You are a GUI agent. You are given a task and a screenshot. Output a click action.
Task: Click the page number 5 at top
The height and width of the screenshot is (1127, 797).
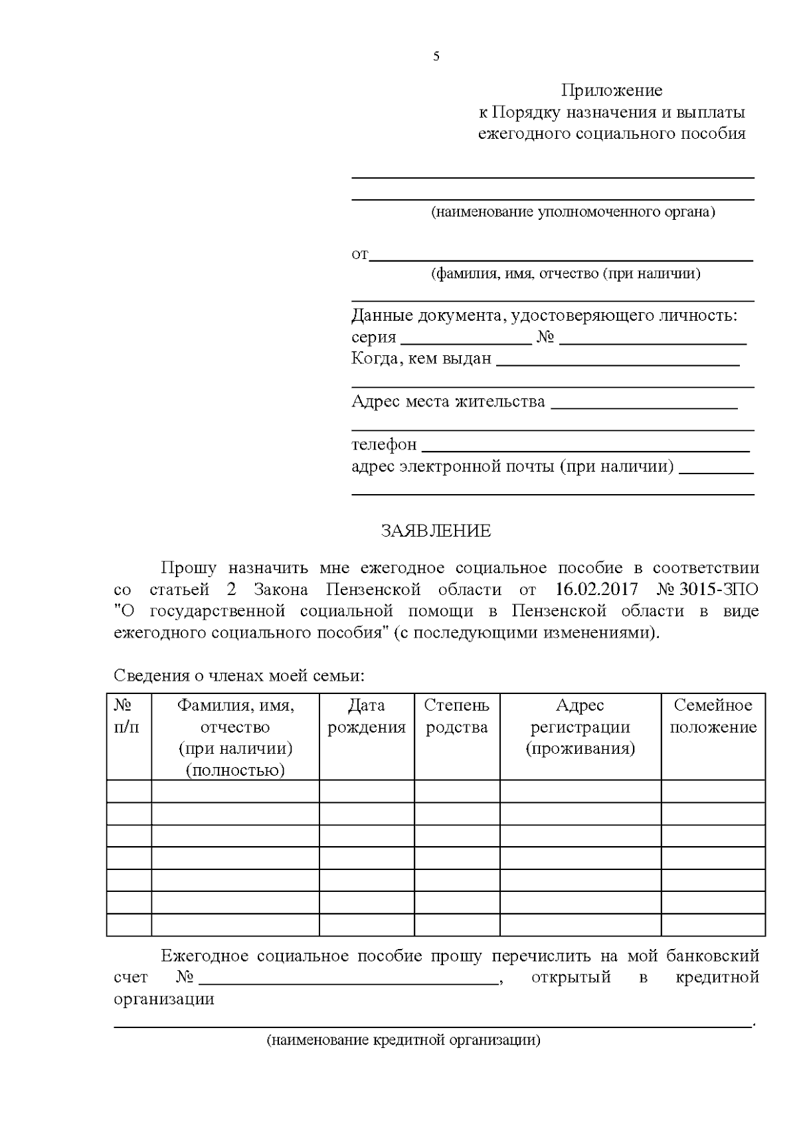coord(436,56)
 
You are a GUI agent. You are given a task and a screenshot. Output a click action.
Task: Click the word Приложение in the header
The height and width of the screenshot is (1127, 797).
coord(612,90)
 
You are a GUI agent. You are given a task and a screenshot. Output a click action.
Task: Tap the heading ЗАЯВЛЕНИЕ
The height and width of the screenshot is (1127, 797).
coord(436,531)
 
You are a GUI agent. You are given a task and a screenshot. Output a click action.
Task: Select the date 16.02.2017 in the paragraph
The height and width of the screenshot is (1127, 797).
coord(596,589)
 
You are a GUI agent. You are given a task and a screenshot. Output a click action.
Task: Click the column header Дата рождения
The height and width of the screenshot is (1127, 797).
coord(367,716)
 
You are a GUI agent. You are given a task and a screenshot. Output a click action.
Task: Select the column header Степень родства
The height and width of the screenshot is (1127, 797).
coord(457,716)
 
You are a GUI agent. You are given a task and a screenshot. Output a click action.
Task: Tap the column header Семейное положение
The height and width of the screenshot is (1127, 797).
coord(713,716)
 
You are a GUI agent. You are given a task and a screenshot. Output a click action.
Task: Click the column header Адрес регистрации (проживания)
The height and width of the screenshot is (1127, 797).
coord(580,727)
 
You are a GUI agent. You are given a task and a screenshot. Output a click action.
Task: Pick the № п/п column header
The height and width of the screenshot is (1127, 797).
coord(128,716)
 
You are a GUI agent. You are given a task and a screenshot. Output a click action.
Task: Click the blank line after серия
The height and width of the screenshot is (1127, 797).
coord(467,342)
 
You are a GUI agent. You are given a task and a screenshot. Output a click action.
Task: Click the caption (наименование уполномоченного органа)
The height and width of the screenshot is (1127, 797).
coord(573,213)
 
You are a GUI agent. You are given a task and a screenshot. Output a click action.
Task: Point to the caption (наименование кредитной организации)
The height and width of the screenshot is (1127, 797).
coord(404,1040)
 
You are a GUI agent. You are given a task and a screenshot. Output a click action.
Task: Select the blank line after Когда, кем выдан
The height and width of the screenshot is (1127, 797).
coord(618,363)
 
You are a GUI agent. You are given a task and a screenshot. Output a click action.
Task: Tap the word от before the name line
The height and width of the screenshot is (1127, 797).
coord(359,254)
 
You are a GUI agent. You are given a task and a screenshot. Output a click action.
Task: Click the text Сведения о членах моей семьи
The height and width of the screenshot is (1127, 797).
coord(239,676)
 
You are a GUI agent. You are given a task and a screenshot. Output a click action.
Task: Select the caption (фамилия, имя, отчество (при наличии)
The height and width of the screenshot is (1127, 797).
coord(565,274)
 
